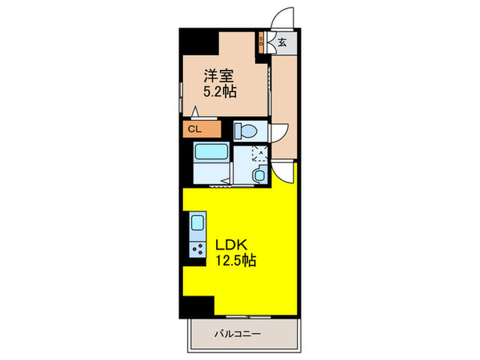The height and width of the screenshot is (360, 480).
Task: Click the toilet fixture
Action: tap(244, 130)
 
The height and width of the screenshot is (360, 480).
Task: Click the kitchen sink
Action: tap(197, 224)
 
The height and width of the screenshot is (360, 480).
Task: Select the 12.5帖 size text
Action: tap(237, 261)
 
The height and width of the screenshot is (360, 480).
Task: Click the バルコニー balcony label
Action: tap(237, 335)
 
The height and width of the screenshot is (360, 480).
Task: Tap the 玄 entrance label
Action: tap(283, 41)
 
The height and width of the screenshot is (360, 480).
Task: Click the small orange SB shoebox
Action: tap(261, 41)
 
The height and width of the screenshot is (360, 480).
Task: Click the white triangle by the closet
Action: tap(195, 112)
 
